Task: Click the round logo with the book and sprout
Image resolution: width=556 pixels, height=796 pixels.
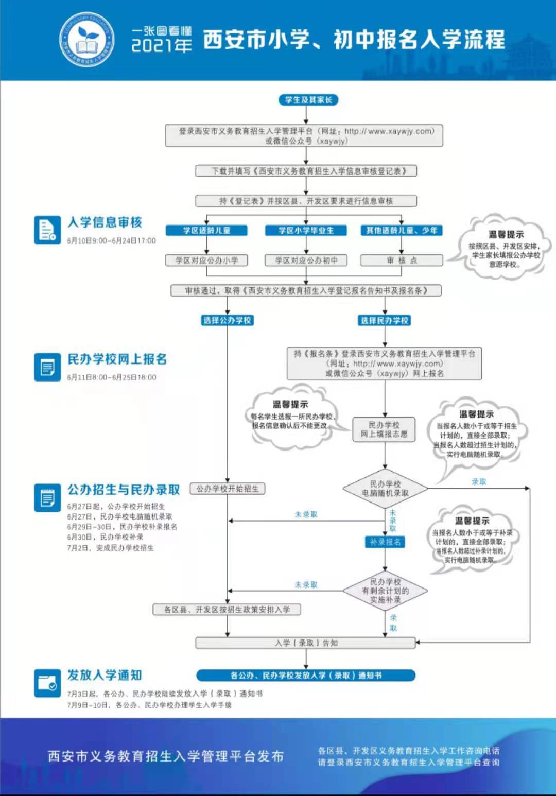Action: (87, 40)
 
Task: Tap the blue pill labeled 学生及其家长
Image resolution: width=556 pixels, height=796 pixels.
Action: (308, 100)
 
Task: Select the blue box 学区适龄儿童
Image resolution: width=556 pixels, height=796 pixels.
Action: (206, 230)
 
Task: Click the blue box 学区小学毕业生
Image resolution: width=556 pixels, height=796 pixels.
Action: (306, 230)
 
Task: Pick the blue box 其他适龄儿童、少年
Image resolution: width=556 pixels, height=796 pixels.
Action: (402, 230)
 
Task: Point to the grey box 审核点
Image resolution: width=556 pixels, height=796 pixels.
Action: (402, 261)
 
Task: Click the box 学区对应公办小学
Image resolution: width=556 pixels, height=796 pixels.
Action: (206, 261)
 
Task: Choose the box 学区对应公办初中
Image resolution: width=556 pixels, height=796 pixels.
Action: (306, 261)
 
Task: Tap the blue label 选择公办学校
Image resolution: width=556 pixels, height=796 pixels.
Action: (227, 320)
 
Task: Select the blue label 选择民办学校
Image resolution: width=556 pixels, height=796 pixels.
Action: (385, 320)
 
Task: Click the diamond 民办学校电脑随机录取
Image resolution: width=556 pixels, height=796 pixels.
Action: (385, 489)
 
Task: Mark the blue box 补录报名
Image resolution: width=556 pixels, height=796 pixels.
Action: (385, 542)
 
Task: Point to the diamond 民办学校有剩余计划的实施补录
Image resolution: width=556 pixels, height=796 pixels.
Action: (385, 591)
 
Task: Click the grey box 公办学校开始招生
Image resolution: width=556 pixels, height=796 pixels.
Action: (228, 489)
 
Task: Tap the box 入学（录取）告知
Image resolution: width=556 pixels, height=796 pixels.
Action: (306, 643)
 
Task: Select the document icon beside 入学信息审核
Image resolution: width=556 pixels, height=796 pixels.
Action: (47, 230)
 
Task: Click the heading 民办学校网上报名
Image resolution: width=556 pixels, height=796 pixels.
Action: (117, 359)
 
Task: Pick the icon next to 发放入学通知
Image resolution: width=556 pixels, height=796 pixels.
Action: (47, 683)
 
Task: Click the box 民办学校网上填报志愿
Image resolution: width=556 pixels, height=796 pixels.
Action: (384, 429)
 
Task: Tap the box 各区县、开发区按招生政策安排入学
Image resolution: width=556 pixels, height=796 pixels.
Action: (227, 610)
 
